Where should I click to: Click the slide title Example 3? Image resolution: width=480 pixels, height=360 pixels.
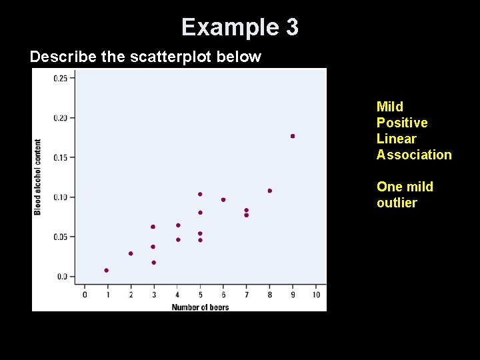point(240,27)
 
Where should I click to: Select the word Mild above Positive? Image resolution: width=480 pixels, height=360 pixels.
point(390,107)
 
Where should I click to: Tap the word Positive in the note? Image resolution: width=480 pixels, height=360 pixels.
point(402,123)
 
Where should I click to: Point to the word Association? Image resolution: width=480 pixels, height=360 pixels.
point(414,155)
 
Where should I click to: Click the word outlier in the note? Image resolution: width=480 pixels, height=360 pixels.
point(397,203)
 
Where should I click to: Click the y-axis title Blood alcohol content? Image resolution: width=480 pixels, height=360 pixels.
point(38,177)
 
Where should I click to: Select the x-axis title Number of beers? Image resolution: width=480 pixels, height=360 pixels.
point(200,307)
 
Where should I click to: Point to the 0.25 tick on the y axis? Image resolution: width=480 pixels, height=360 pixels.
point(59,78)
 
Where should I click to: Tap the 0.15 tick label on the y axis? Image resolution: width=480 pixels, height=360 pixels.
point(59,157)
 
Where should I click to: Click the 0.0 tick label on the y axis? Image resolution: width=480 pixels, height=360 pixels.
point(61,276)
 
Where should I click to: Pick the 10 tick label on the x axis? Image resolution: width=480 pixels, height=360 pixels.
point(316,295)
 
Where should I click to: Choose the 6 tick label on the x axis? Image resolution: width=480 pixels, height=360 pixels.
point(223,295)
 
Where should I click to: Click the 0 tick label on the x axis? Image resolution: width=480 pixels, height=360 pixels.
point(85,295)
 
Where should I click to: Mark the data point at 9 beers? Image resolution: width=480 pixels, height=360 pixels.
point(293,136)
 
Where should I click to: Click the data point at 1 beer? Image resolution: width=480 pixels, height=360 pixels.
point(107,270)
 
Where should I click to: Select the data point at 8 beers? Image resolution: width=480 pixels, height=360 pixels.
point(269,191)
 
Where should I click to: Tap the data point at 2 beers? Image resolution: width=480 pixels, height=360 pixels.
point(131,253)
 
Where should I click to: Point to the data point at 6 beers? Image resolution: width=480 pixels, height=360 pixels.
point(223,199)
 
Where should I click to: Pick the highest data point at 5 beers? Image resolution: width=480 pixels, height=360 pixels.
point(200,194)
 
